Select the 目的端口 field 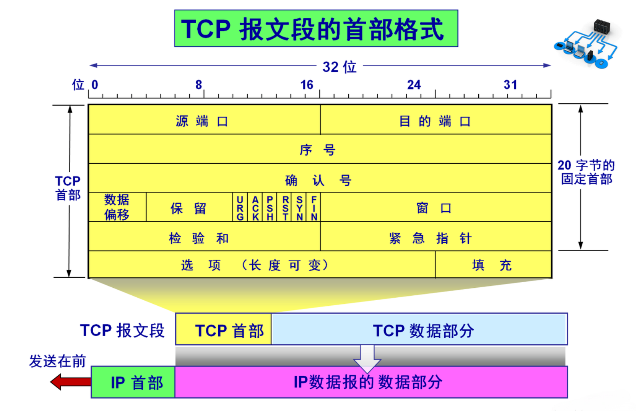click(x=435, y=120)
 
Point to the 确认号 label click(x=318, y=180)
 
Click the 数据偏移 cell click(x=117, y=207)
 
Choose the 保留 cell click(x=189, y=208)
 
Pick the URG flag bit click(x=240, y=208)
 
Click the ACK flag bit click(x=255, y=208)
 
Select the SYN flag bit click(x=299, y=208)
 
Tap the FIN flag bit click(x=314, y=208)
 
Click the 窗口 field click(x=434, y=208)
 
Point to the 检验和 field click(x=199, y=238)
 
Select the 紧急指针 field click(x=431, y=238)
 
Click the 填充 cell click(x=492, y=265)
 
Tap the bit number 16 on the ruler click(x=307, y=85)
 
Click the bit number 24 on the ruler click(x=414, y=85)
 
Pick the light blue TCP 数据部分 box click(x=423, y=331)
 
